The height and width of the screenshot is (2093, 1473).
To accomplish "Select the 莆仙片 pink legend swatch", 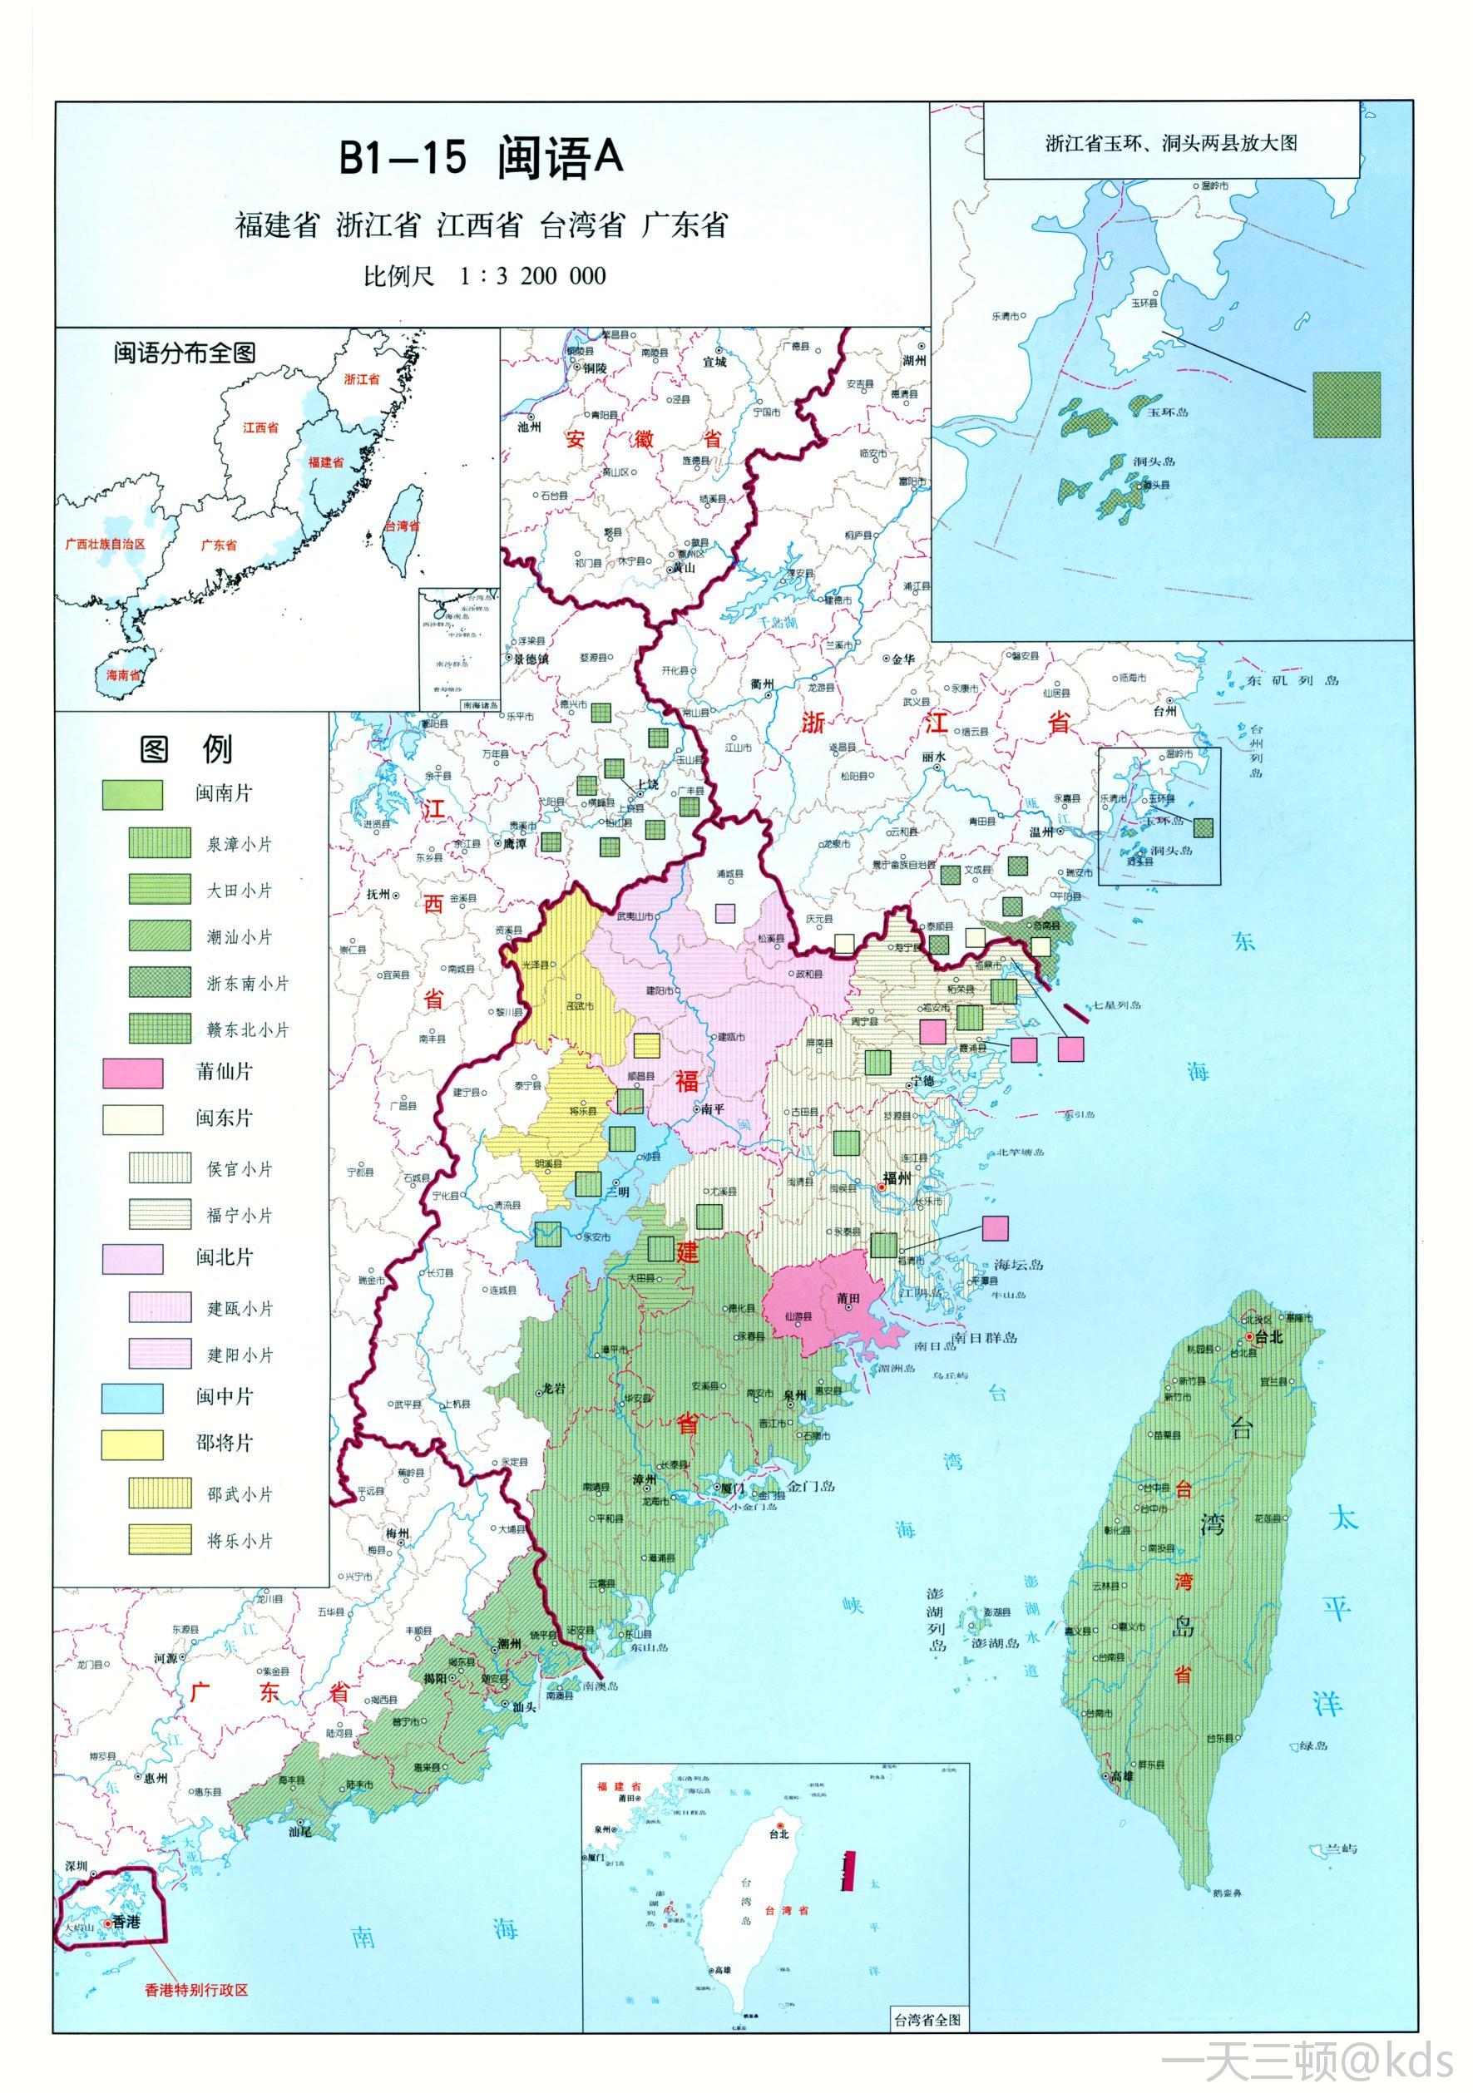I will pos(133,1073).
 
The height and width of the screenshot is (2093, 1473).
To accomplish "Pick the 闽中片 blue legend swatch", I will pos(133,1398).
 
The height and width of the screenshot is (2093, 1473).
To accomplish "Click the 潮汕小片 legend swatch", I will pos(160,936).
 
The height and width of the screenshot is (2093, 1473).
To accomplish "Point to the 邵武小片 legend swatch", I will pos(160,1493).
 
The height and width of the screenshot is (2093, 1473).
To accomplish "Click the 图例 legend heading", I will pos(186,749).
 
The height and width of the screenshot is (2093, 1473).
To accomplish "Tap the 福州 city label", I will pos(897,1177).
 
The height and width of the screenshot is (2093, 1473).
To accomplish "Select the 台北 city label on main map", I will pos(1269,1336).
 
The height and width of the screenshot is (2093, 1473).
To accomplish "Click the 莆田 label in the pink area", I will pos(848,1298).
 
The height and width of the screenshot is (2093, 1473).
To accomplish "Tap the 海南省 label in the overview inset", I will pos(123,674).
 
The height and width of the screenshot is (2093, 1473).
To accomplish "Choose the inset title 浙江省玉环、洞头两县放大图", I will pos(1171,143).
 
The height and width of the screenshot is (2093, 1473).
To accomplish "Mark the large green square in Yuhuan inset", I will pos(1347,405).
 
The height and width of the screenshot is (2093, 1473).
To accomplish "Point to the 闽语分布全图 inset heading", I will pos(184,353).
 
